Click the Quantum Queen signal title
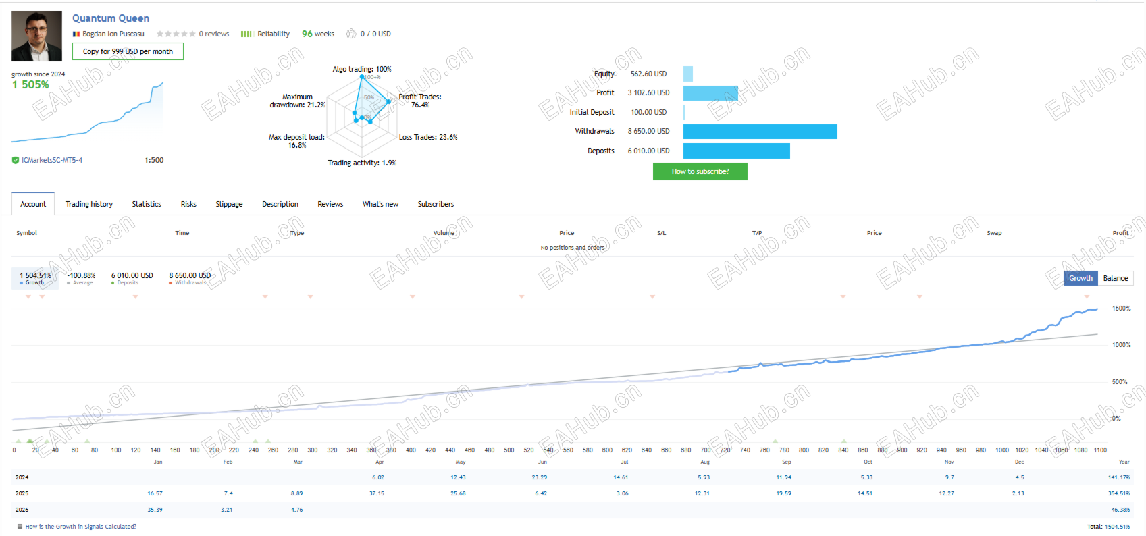coord(111,18)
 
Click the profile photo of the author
coord(36,36)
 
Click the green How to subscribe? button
coord(700,171)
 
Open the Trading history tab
coord(89,204)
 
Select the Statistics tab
coord(147,204)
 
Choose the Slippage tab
coord(229,204)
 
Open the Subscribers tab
coord(436,204)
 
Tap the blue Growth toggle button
coord(1080,278)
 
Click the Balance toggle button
coord(1116,278)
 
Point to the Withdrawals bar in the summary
coord(760,132)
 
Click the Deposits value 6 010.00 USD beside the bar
coord(648,151)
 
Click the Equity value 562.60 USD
coord(648,74)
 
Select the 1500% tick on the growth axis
coord(1121,309)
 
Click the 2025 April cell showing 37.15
coord(377,493)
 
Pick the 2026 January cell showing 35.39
coord(155,510)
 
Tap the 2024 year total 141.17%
coord(1118,477)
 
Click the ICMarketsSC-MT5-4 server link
coord(52,161)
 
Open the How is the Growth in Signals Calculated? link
coord(80,527)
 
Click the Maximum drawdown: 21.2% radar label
coord(297,101)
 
